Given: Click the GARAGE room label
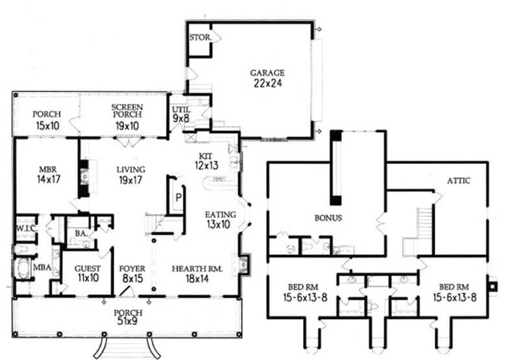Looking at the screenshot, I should coord(267,73).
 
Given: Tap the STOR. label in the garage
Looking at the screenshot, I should coord(199,38).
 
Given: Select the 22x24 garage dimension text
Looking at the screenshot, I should coord(267,83).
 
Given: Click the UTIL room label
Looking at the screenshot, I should coord(180,110).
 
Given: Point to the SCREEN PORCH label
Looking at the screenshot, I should coord(127,110).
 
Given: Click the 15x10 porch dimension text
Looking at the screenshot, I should coord(47,125).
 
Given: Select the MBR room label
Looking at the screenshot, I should coord(47,169).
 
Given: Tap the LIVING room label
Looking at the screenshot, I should coord(130,169).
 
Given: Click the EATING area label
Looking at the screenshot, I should coord(220,215).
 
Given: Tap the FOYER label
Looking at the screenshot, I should coord(132,267).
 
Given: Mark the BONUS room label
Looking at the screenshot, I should coord(328,218).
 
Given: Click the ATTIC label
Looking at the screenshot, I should coord(458,181).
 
